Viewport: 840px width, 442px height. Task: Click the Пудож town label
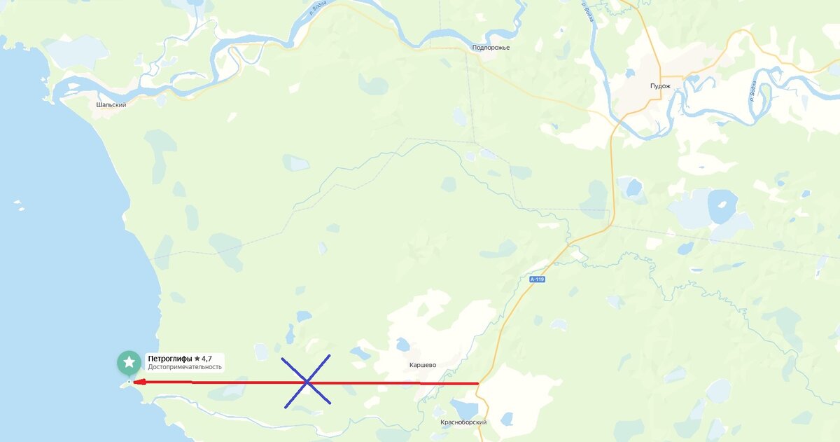660,86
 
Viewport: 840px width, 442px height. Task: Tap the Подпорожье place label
491,48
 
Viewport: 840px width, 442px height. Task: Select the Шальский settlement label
111,104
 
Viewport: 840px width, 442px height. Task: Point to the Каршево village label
423,365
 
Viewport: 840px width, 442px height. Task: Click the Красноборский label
463,422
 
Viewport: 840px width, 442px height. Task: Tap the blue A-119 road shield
537,279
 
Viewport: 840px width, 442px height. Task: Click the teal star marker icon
129,361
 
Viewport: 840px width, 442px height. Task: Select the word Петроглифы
169,359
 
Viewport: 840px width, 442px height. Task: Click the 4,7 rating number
206,359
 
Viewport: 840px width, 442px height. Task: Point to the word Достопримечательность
184,367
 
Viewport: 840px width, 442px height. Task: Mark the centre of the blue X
307,381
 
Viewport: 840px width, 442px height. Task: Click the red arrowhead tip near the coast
134,382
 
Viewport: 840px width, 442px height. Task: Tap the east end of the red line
477,383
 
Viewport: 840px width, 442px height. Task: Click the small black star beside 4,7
197,359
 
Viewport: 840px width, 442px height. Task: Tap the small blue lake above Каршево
402,344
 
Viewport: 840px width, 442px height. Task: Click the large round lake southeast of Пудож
722,205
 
